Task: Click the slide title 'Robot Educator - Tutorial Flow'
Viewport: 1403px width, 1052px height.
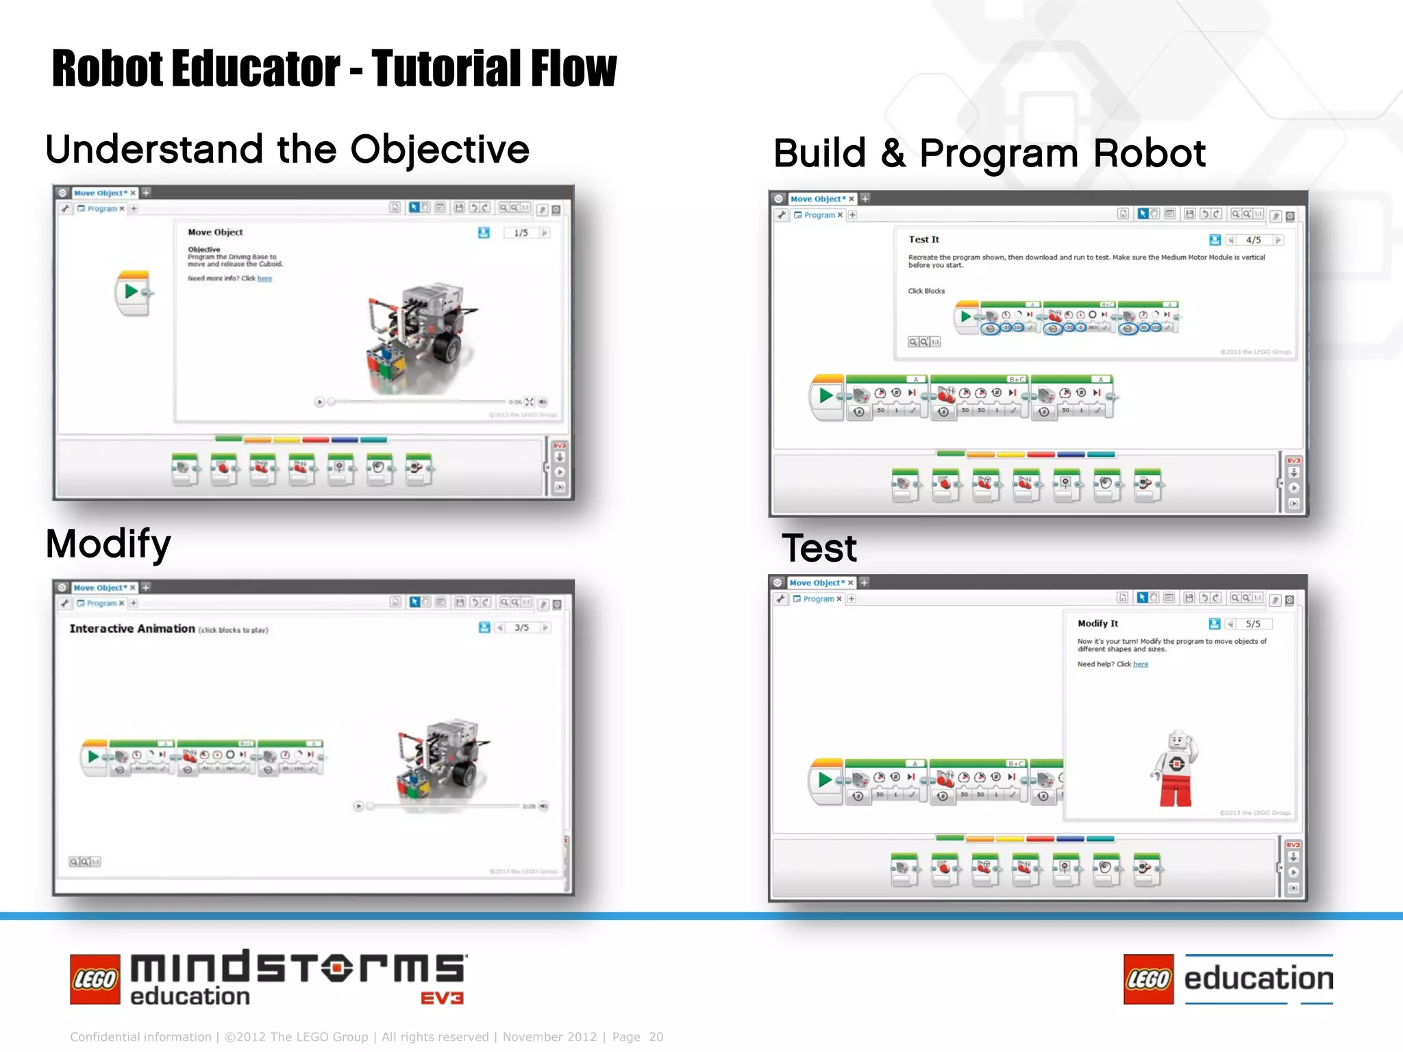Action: click(334, 68)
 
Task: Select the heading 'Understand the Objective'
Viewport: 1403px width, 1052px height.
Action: click(287, 149)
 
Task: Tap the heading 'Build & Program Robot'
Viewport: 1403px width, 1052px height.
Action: click(989, 153)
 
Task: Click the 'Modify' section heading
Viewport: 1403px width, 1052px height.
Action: click(108, 544)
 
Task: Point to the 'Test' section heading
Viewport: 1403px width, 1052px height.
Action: click(819, 548)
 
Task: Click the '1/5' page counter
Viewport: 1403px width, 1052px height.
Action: click(521, 233)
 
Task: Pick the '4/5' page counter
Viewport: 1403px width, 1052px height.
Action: click(1253, 240)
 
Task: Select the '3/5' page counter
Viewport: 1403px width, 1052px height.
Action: click(521, 627)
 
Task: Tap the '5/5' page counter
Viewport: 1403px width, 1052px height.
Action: click(1252, 624)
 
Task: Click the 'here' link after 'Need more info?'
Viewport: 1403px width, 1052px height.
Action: click(264, 279)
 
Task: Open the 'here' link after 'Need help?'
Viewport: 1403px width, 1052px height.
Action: click(1141, 664)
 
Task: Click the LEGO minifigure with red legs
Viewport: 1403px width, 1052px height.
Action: click(1176, 768)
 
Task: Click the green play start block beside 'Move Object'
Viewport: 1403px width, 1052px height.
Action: click(132, 292)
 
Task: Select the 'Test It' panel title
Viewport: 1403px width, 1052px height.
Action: click(923, 240)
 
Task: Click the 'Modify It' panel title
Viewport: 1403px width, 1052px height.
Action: click(1097, 623)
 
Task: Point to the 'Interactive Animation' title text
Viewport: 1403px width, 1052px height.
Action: click(132, 629)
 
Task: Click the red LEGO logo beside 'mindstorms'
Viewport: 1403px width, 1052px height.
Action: click(95, 979)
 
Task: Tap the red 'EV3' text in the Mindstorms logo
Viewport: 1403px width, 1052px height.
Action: click(442, 998)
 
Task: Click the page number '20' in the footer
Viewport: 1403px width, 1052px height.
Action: click(656, 1037)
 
